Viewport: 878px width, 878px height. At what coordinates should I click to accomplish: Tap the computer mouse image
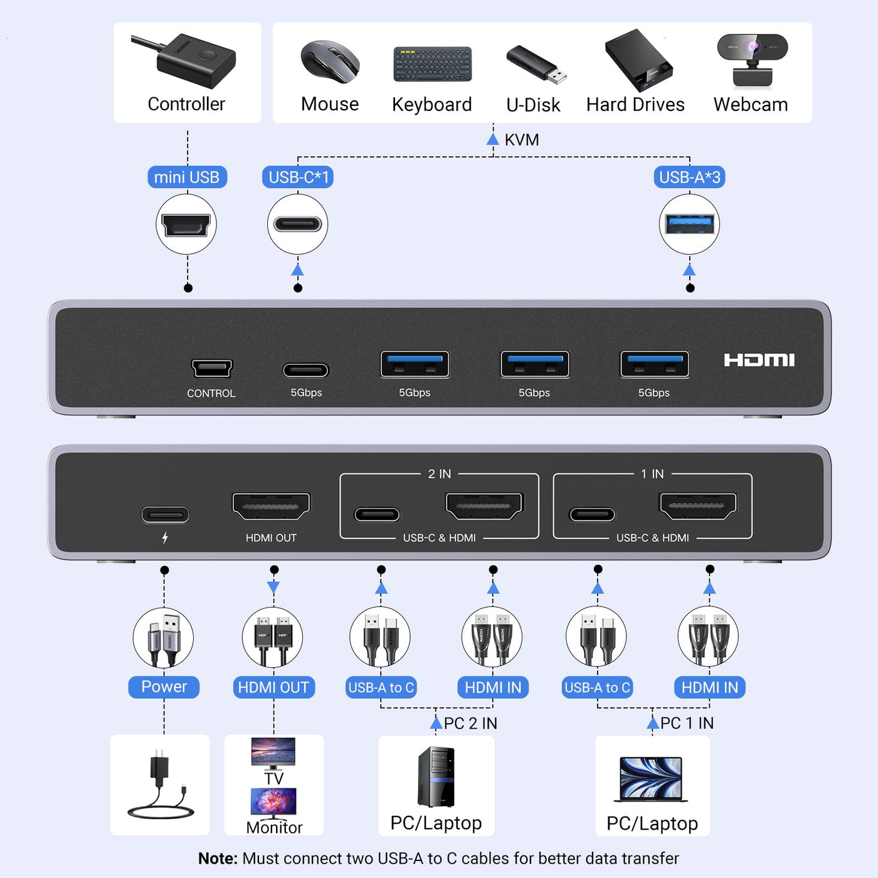[330, 62]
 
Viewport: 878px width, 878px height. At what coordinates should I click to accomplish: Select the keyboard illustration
[432, 64]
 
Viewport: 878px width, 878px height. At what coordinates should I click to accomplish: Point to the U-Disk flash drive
[536, 64]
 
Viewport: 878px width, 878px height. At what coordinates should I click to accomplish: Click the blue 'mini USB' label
[187, 177]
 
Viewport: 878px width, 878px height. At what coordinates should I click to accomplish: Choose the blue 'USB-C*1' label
[298, 177]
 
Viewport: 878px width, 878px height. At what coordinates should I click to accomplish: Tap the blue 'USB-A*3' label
[689, 177]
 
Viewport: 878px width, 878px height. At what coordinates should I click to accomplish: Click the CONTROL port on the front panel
[212, 368]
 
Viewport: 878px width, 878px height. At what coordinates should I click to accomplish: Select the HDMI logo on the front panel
[759, 360]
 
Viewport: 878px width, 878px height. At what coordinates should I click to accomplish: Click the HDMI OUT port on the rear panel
[271, 506]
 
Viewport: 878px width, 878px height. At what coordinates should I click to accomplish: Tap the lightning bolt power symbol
[165, 537]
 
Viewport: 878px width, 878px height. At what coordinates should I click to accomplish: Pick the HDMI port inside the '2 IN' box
[484, 506]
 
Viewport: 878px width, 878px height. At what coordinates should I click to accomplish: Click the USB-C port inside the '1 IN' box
[592, 515]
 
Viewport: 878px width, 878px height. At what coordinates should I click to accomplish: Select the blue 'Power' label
[164, 687]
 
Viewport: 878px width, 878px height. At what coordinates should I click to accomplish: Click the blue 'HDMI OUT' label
[273, 687]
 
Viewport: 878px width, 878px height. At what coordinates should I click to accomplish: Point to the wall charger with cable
[160, 784]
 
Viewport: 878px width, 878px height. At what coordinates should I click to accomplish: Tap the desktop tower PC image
[436, 776]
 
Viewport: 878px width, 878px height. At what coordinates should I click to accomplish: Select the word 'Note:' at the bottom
[218, 859]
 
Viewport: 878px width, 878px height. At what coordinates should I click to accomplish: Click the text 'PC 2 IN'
[470, 723]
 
